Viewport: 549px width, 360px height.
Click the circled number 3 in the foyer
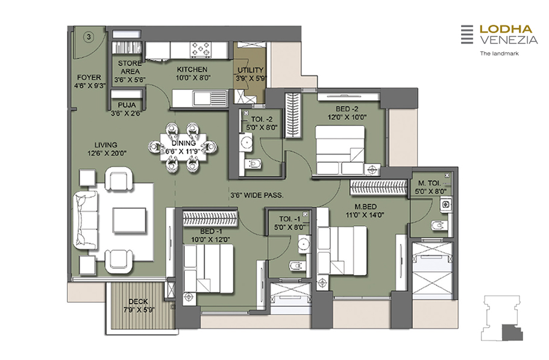coord(89,37)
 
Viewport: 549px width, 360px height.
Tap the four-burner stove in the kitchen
coord(201,49)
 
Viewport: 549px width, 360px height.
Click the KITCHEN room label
coord(192,69)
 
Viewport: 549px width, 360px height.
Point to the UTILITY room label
coord(250,70)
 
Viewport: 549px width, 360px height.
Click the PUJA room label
coord(127,105)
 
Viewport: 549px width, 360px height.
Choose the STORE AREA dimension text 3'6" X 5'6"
coord(130,80)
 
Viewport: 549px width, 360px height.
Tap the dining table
coord(183,147)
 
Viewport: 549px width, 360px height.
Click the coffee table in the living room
coord(129,220)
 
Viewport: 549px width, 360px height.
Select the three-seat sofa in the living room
coord(86,220)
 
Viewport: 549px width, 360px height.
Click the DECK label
coord(138,302)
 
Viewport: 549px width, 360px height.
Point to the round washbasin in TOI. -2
coord(246,142)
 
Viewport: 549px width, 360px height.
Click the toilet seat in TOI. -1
coord(296,266)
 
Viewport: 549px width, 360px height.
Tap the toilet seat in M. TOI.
coord(438,225)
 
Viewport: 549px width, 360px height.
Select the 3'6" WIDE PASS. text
coord(257,195)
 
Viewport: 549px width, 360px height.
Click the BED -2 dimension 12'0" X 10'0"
coord(347,118)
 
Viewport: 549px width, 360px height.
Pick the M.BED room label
coord(365,207)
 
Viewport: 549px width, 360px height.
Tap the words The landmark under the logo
coord(499,54)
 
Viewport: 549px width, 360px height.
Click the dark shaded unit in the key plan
coord(512,333)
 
